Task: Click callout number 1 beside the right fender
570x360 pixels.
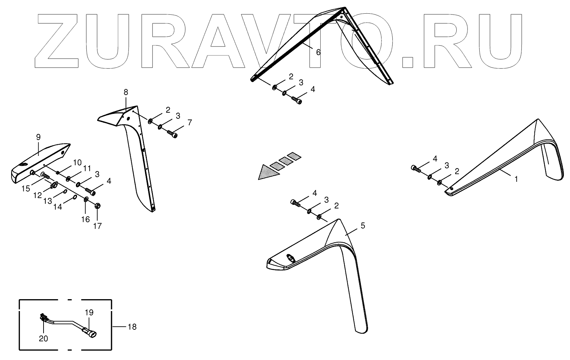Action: click(516, 179)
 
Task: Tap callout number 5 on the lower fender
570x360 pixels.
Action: click(363, 226)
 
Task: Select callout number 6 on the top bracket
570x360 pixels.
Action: click(318, 52)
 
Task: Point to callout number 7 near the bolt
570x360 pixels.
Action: click(190, 122)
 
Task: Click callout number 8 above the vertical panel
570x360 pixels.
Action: click(126, 92)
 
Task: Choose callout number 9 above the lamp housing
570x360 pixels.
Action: click(38, 137)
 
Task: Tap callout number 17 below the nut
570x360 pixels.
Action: click(98, 226)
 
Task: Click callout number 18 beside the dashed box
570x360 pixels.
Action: click(132, 327)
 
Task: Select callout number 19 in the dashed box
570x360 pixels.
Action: click(89, 312)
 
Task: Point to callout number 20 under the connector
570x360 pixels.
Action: click(43, 338)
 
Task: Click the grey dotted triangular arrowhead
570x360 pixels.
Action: click(268, 172)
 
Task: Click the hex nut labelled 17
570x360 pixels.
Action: click(98, 206)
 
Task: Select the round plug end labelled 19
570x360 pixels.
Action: click(92, 334)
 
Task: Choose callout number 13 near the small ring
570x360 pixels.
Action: click(48, 201)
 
